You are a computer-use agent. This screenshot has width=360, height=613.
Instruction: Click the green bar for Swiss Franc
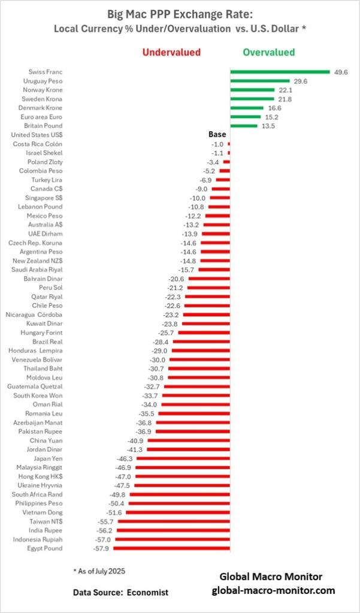(x=280, y=72)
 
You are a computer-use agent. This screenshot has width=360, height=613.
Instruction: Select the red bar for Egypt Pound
(x=172, y=548)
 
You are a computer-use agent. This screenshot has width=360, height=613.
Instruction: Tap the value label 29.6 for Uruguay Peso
(x=300, y=81)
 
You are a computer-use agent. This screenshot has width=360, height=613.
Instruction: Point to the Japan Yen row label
(x=48, y=458)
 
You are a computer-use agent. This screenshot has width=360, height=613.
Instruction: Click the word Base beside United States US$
(x=217, y=135)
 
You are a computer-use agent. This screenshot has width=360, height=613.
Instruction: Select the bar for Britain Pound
(x=244, y=126)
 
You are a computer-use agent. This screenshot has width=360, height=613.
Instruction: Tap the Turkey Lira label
(x=47, y=180)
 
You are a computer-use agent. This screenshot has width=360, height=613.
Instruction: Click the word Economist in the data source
(x=149, y=592)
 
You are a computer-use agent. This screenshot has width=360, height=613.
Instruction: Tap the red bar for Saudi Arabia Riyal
(x=214, y=269)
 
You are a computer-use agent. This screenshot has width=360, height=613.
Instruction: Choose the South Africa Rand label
(x=37, y=494)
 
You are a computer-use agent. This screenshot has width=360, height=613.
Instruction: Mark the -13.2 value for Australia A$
(x=191, y=225)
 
